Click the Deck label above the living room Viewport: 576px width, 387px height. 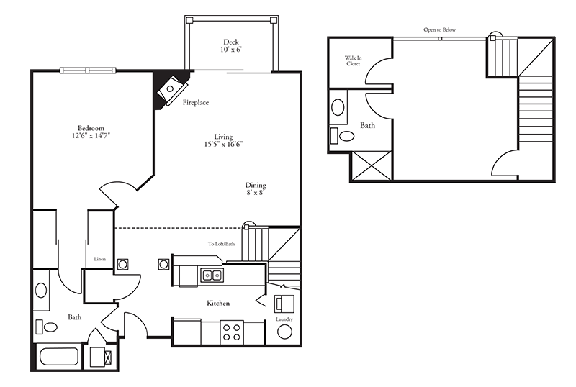coord(230,41)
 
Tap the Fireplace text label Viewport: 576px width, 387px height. coord(195,103)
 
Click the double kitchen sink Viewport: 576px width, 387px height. coord(212,274)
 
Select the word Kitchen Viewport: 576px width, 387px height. coord(218,304)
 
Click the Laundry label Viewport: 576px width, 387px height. coord(284,319)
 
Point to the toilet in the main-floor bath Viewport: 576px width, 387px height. coord(47,327)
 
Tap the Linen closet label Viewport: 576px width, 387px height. coord(99,260)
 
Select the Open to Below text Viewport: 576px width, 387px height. coord(439,30)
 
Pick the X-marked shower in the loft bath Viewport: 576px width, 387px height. coord(372,165)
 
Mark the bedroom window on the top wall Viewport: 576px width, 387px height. coord(88,70)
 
